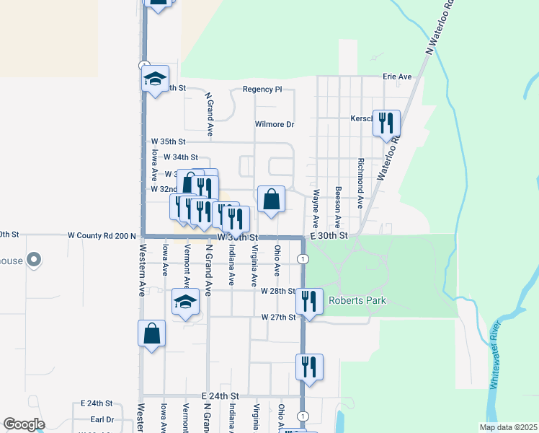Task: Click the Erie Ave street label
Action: point(397,76)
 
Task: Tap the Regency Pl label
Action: point(262,89)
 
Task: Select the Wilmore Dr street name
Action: point(275,124)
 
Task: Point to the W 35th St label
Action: point(168,141)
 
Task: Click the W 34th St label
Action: point(181,157)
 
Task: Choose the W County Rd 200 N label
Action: point(102,235)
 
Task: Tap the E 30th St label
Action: point(329,236)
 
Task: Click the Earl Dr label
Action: point(102,419)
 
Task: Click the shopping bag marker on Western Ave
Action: point(151,333)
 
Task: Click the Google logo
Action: point(24,424)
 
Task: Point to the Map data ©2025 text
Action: point(507,427)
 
